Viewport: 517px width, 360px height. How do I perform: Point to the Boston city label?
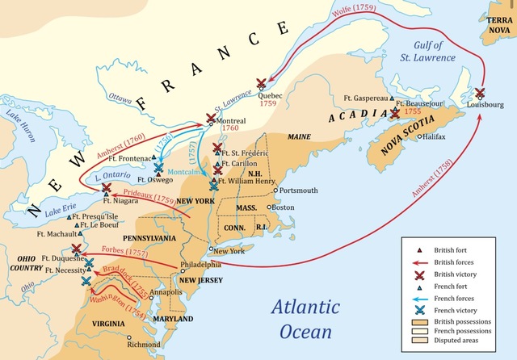click(284, 207)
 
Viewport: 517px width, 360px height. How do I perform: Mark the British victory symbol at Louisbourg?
click(481, 93)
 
